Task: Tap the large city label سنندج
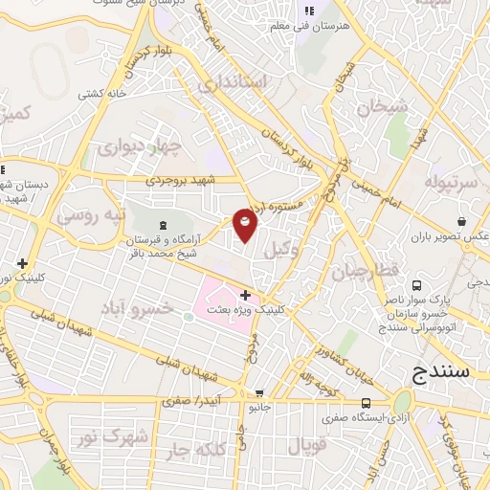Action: (x=441, y=372)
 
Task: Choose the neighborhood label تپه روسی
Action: (x=91, y=215)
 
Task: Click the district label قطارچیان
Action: (x=365, y=272)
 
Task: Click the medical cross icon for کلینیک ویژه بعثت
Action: (x=246, y=294)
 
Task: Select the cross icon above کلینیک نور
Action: (x=21, y=263)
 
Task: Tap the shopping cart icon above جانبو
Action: (x=258, y=393)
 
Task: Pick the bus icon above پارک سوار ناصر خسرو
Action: (x=417, y=285)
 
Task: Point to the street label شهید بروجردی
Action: (x=181, y=179)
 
